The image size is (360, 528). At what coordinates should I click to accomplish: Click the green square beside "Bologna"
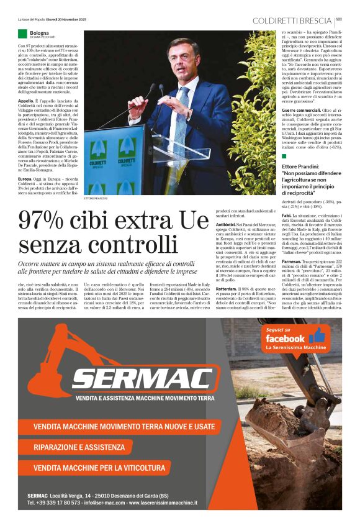(x=22, y=34)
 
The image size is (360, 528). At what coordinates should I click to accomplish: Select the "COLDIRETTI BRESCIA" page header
(x=291, y=20)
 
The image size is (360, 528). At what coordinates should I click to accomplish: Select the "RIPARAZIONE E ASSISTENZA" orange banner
(x=79, y=447)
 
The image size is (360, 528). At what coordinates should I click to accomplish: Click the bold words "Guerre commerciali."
(x=302, y=110)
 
